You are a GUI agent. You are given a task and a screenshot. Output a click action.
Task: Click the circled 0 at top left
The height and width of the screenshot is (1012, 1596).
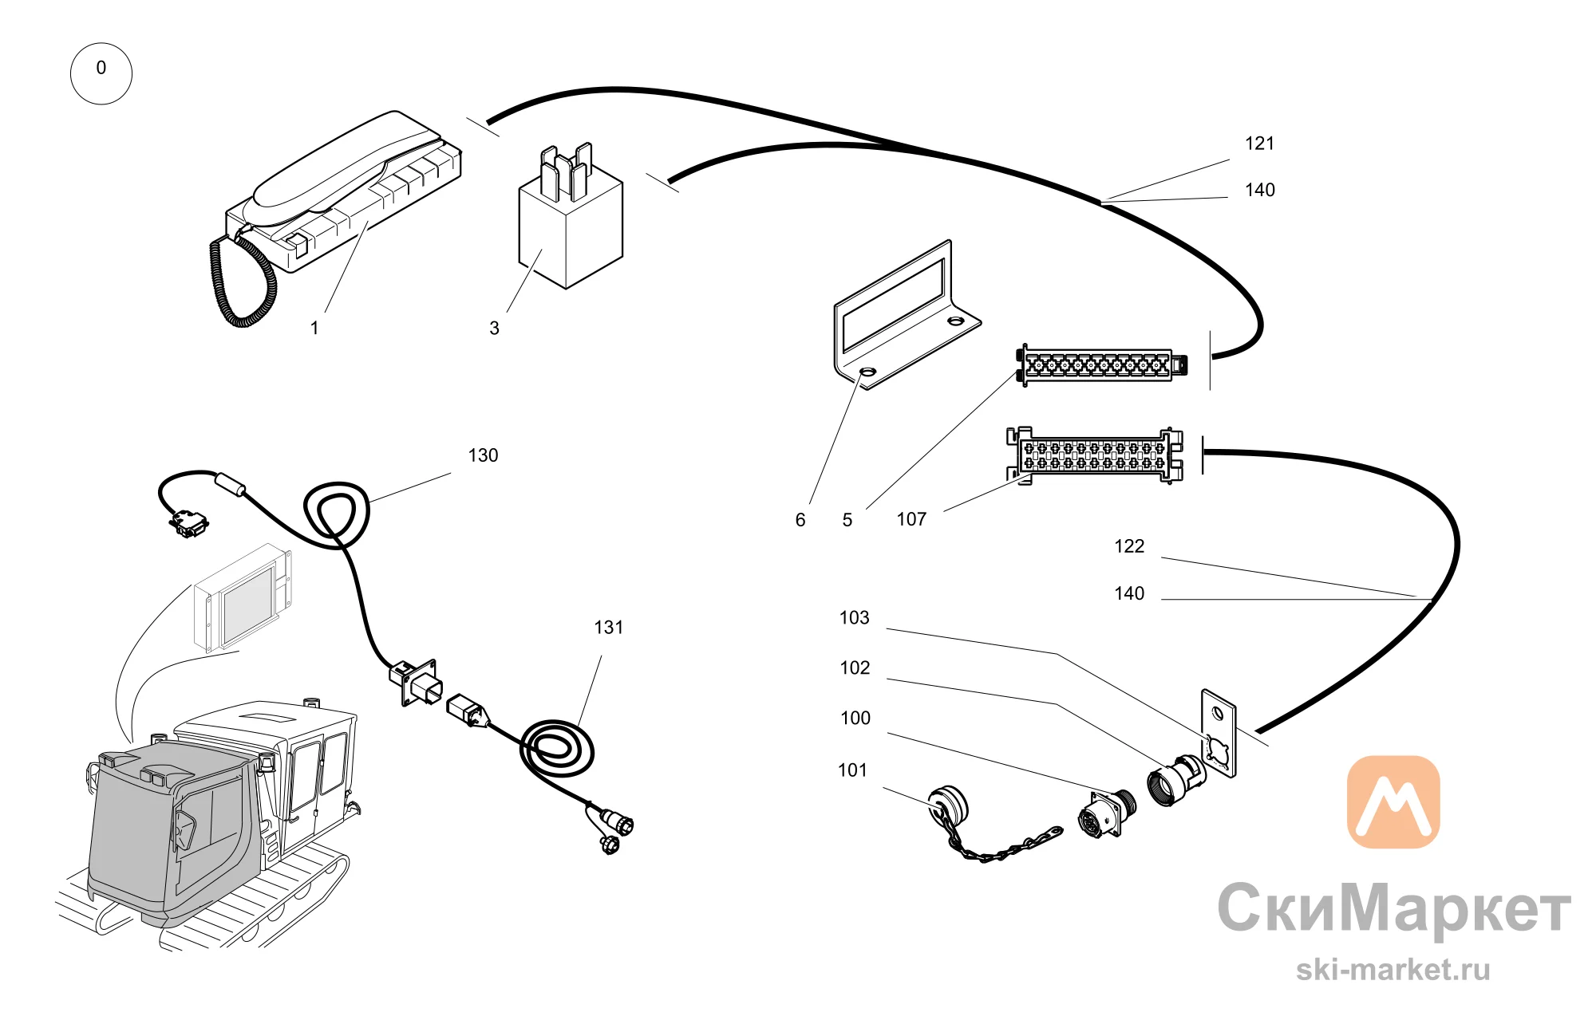click(101, 73)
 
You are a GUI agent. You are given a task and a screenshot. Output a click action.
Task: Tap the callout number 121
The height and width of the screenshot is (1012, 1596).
click(1259, 144)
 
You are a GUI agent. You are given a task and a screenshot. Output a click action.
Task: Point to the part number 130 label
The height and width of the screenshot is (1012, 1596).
click(483, 455)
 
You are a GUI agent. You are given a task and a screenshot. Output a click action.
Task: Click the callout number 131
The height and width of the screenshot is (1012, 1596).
click(608, 628)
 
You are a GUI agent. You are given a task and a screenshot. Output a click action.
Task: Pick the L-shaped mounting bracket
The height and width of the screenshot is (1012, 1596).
click(906, 315)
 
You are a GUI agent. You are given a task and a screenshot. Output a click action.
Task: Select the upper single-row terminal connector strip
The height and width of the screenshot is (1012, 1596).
click(1101, 365)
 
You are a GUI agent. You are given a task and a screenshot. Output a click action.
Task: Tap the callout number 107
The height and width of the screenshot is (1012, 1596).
click(911, 520)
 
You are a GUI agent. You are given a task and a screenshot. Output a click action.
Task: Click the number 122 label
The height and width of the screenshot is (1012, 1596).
click(1129, 546)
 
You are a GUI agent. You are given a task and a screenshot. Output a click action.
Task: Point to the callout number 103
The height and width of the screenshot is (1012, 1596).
click(854, 618)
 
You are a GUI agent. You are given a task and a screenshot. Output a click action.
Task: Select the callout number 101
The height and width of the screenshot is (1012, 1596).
click(852, 770)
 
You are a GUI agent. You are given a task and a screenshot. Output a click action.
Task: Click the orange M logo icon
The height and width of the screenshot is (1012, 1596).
click(1393, 801)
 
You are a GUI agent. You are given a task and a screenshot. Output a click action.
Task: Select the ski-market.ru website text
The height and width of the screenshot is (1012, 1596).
click(1393, 970)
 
